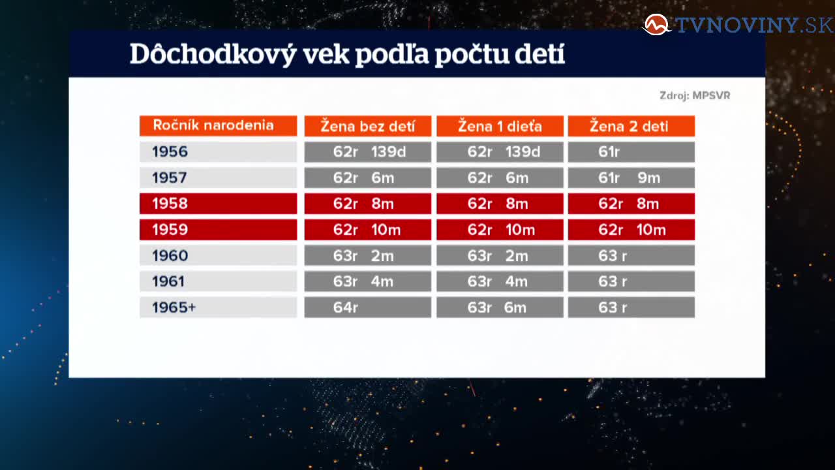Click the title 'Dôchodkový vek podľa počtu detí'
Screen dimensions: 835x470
347,54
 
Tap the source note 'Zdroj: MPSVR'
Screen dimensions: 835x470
695,95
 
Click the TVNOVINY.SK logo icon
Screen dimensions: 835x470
656,25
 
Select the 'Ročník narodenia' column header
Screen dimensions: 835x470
219,126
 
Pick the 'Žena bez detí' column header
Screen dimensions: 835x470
367,126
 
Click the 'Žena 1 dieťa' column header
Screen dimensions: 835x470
500,126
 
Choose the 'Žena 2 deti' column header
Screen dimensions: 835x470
631,126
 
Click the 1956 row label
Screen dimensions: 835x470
219,152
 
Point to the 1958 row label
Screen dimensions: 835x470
219,204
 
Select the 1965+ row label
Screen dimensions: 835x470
219,307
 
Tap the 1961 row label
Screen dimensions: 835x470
219,281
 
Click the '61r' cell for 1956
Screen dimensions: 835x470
631,152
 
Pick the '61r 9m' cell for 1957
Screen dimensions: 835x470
631,178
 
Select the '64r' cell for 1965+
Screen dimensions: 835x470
367,307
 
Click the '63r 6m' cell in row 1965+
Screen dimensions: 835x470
500,307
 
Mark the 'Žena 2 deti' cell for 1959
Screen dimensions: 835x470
631,229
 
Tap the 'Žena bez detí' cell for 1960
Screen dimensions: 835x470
367,255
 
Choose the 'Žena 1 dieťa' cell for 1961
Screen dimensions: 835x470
500,281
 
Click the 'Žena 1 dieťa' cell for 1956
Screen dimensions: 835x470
500,152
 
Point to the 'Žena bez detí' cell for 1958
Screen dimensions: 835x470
367,204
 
